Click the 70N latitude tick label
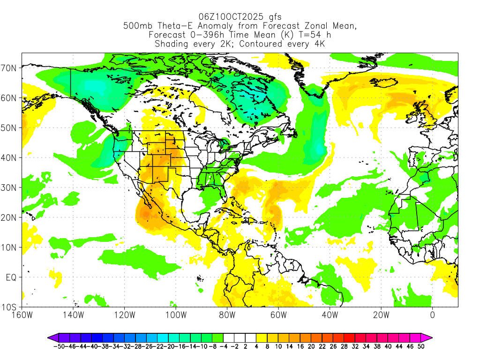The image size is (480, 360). [10, 68]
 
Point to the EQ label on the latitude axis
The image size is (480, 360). [11, 277]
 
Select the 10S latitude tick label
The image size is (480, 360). [10, 307]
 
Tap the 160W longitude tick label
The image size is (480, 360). [22, 315]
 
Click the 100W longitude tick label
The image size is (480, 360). [176, 315]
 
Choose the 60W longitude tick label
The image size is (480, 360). [278, 315]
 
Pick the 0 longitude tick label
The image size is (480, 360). [432, 315]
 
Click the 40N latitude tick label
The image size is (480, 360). [10, 158]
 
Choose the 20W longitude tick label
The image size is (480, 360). [381, 315]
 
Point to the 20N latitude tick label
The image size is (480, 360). [10, 217]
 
